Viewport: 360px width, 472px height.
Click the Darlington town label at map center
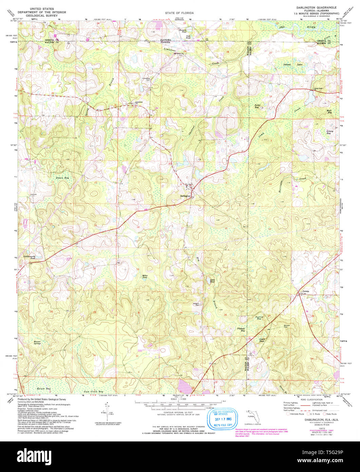click(185, 196)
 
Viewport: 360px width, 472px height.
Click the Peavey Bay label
click(259, 318)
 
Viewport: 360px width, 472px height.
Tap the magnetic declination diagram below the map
click(108, 411)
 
